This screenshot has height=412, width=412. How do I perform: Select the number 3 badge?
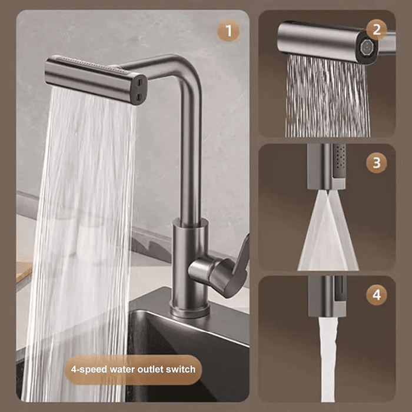(377, 162)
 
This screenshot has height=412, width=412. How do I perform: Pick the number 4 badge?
(377, 294)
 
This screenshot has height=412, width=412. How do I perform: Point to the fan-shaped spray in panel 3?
(327, 235)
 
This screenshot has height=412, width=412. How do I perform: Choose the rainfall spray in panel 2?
(327, 97)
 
